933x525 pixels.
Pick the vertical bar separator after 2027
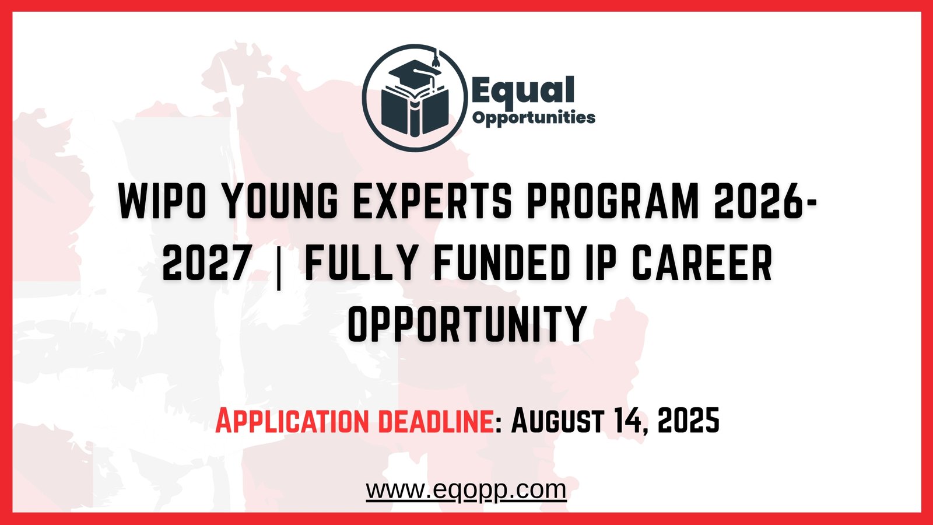click(x=278, y=265)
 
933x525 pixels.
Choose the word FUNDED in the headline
click(x=501, y=263)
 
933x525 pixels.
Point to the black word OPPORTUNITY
click(x=466, y=324)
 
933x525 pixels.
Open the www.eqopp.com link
click(x=466, y=489)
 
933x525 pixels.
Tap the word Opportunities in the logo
click(x=534, y=118)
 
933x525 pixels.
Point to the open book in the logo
click(x=415, y=111)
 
